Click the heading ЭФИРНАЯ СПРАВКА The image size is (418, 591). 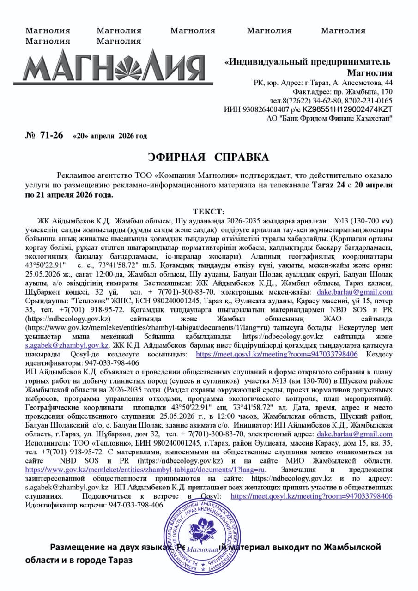(208, 157)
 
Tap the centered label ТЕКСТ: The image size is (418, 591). (208, 212)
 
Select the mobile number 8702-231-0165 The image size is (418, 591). (366, 101)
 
